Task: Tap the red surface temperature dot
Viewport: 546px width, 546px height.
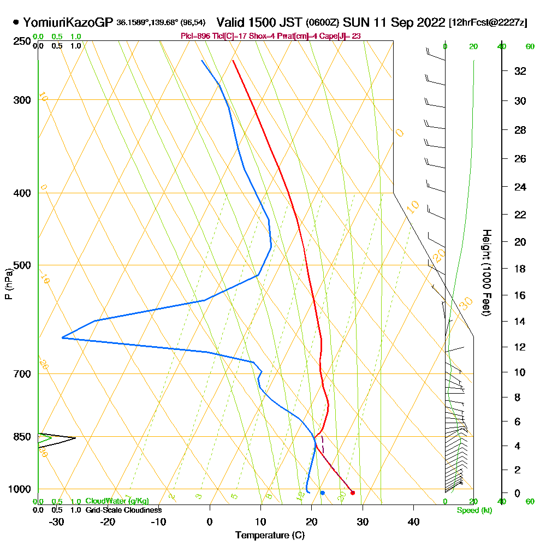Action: (352, 492)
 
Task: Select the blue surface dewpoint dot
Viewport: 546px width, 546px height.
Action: (322, 492)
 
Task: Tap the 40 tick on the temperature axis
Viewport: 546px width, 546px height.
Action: (414, 521)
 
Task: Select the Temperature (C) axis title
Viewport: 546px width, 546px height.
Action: (270, 536)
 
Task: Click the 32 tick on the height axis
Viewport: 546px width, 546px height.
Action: (520, 71)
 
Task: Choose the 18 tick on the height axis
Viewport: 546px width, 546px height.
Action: (520, 269)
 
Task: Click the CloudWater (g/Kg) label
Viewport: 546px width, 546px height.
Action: (117, 501)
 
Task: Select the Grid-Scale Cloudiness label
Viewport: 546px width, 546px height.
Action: (123, 510)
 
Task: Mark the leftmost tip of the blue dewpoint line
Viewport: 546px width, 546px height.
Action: (62, 338)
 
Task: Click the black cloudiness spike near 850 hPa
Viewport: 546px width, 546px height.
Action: (74, 438)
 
